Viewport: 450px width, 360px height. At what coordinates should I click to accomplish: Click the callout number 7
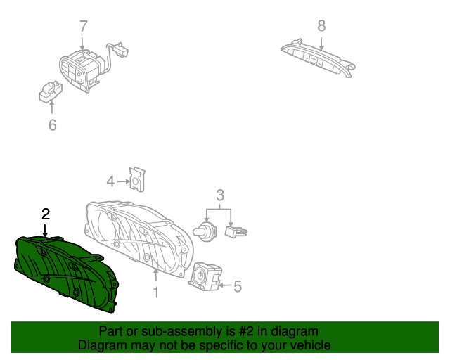83,26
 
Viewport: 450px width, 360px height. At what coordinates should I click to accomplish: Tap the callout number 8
321,25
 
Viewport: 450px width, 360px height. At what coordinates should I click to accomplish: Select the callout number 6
52,125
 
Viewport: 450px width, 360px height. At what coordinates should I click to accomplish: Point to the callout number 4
110,181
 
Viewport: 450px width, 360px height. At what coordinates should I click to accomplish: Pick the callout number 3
220,195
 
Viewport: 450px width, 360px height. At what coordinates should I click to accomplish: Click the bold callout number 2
46,214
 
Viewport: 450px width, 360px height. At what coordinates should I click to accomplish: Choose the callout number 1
156,292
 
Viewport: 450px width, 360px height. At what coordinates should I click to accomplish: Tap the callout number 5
238,286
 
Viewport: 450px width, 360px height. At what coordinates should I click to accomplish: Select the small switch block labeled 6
51,92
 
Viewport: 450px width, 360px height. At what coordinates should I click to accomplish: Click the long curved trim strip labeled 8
318,58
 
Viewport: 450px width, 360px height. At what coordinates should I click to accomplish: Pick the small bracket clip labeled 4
138,179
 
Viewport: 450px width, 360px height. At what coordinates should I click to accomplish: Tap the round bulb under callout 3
205,231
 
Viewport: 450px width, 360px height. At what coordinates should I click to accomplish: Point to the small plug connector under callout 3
236,231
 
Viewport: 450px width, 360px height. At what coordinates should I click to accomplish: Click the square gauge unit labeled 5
205,276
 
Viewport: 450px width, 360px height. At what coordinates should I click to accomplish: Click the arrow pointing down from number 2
45,231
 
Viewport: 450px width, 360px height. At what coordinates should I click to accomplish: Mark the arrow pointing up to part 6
52,108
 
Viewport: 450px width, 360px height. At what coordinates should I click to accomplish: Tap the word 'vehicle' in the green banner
311,345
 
